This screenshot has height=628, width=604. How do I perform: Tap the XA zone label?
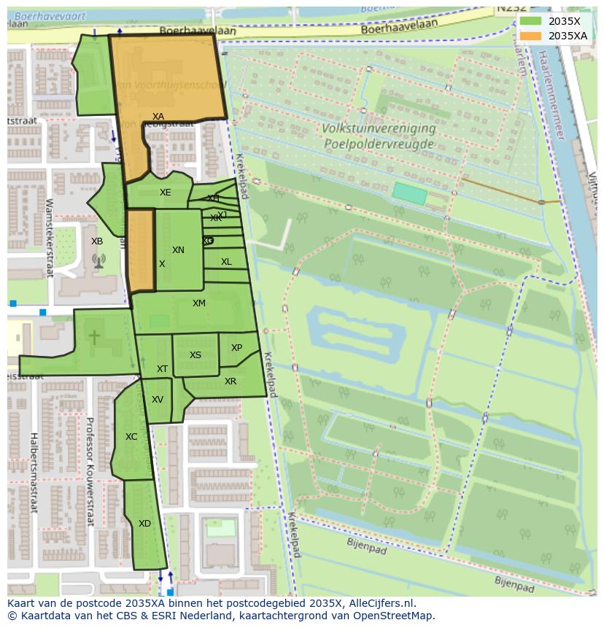[x=158, y=117]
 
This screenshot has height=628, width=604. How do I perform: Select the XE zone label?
[x=166, y=193]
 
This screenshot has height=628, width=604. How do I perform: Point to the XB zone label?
[x=97, y=241]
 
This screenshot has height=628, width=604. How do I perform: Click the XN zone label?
[x=178, y=250]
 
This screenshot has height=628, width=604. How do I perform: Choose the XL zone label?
[x=226, y=262]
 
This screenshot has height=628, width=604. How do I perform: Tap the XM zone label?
[x=199, y=303]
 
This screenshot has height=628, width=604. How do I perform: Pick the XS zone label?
[x=195, y=355]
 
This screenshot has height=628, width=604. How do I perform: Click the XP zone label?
[x=236, y=348]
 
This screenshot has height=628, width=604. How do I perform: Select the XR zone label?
[x=231, y=381]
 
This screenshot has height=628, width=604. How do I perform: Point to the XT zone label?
[x=162, y=369]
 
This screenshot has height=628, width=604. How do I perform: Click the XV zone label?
[x=158, y=400]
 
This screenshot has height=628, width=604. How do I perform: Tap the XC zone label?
[x=131, y=437]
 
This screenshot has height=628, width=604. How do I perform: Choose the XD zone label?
[x=144, y=524]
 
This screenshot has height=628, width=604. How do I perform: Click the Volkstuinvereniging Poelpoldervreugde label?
[x=379, y=136]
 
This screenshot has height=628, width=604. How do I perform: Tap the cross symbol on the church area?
[x=94, y=337]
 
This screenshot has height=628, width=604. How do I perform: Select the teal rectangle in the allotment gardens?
[x=409, y=193]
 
